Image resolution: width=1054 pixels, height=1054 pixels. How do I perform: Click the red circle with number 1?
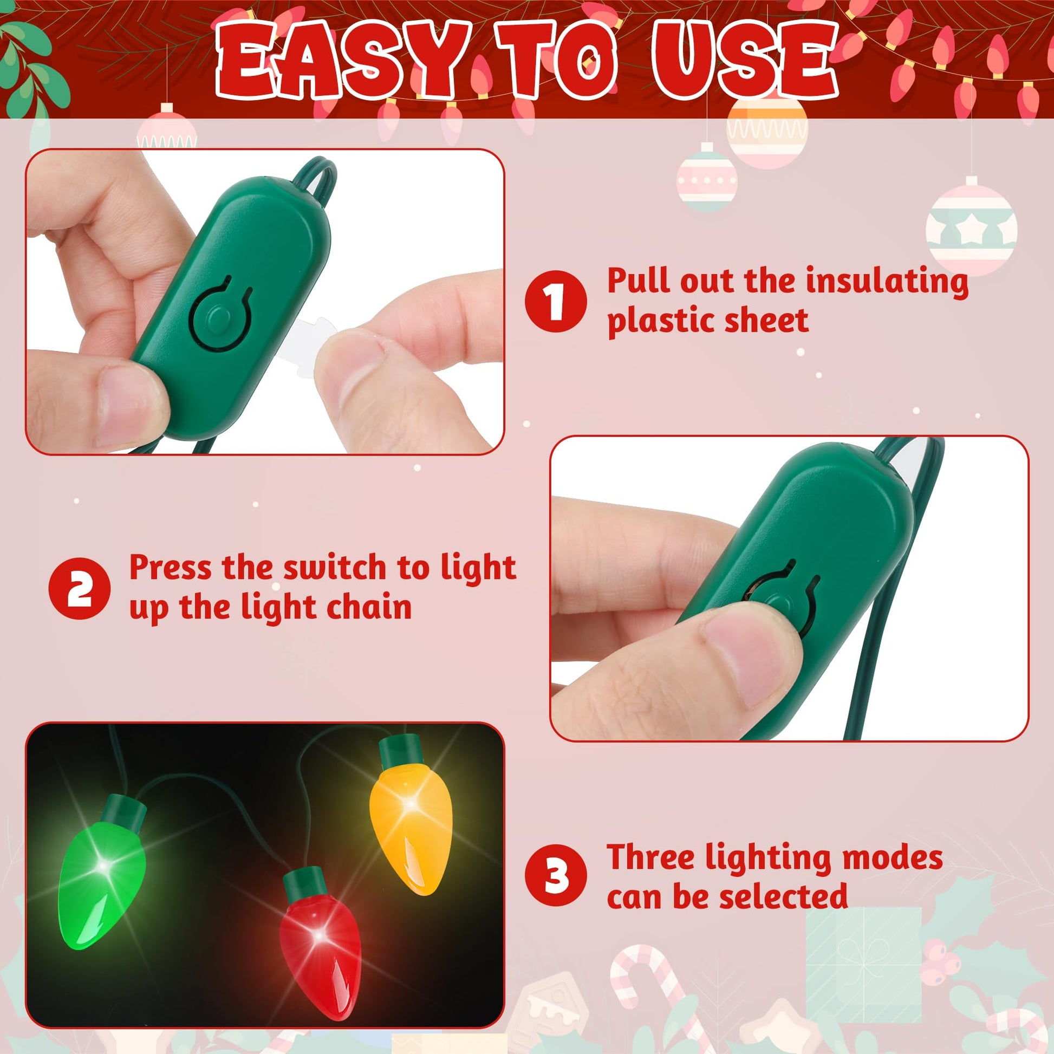555,301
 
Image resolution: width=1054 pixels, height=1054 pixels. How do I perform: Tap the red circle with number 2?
79,588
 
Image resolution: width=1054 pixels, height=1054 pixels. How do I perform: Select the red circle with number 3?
555,876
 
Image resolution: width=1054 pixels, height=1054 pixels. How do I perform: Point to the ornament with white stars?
972,230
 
